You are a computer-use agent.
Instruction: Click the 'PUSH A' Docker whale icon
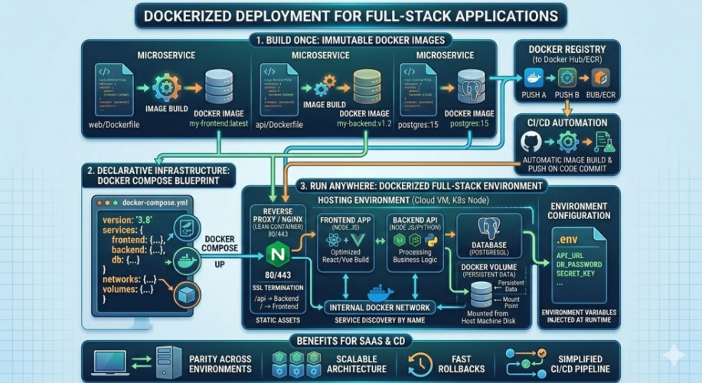click(533, 78)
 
